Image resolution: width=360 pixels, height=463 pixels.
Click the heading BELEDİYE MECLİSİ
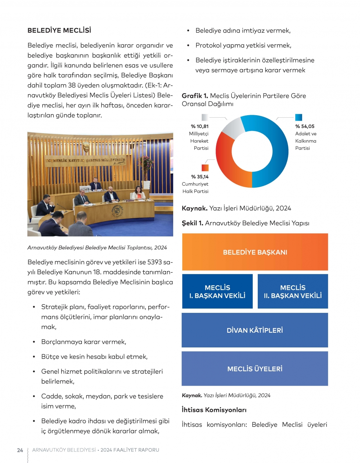59,30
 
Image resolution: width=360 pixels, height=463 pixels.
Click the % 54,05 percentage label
305,126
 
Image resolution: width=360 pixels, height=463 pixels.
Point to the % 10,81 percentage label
199,126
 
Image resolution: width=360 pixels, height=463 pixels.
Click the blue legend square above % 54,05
298,117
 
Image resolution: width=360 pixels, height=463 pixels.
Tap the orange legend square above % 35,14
205,168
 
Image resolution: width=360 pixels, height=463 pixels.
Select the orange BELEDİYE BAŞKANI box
255,252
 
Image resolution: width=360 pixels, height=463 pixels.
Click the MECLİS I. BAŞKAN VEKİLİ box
217,292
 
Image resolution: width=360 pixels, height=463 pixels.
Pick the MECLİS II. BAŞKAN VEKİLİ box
293,292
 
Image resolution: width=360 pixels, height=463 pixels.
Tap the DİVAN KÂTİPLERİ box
255,330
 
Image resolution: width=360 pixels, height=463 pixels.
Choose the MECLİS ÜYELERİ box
255,369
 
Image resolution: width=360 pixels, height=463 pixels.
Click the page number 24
20,450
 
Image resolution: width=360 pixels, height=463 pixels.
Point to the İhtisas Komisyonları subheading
214,410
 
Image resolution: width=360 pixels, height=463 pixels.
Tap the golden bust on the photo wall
86,147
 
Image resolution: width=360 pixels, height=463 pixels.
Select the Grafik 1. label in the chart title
195,96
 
